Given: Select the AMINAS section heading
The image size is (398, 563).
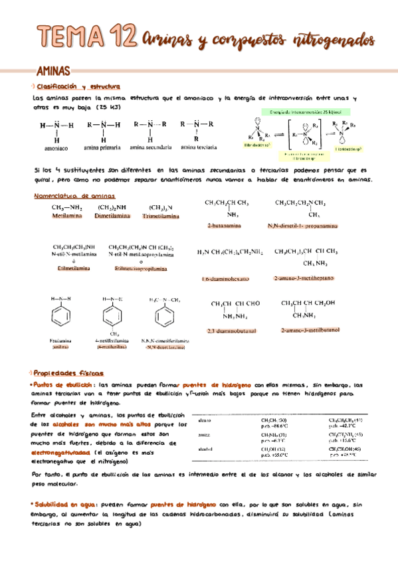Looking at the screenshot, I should pos(54,70).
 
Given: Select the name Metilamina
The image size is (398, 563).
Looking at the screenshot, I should pos(66,216).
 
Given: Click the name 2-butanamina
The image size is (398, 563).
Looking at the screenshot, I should pos(224,226).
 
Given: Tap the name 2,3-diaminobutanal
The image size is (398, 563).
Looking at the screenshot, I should pos(231,330).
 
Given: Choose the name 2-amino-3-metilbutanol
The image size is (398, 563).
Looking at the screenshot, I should pos(310,329).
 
